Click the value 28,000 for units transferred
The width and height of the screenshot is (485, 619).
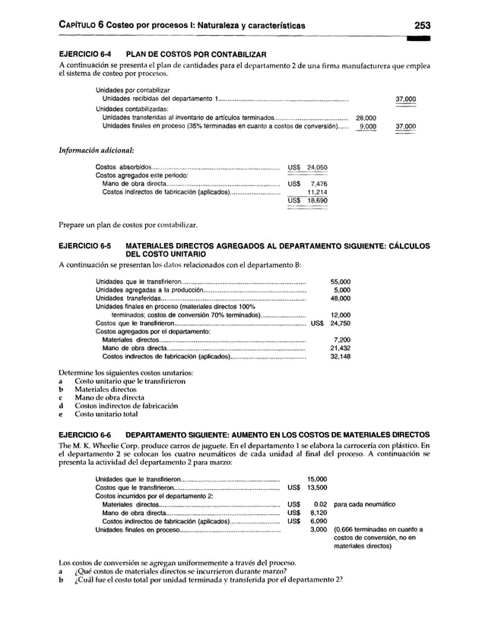coord(366,118)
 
